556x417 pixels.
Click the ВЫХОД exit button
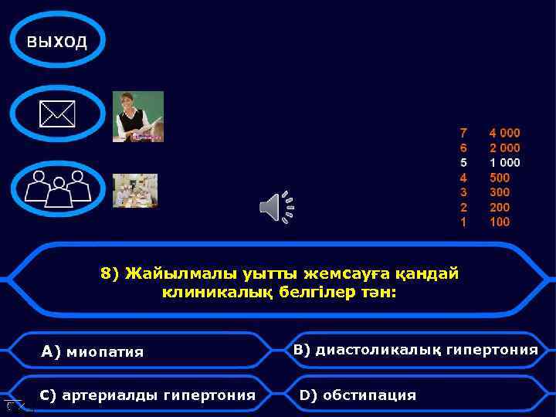(56, 41)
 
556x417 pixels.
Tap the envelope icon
(58, 116)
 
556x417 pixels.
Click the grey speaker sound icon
(276, 206)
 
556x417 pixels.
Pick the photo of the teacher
(138, 117)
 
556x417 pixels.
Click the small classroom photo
(135, 190)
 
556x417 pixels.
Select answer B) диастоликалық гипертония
(415, 350)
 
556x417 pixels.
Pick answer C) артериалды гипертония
(147, 395)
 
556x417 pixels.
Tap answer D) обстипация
(358, 395)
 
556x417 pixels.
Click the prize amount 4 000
(504, 133)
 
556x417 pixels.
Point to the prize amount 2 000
(504, 147)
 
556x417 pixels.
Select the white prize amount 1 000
(504, 162)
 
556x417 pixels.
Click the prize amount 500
(500, 178)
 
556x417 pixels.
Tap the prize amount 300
(500, 192)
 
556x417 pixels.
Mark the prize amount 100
(500, 222)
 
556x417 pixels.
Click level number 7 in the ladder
(463, 133)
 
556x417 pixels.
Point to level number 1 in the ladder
(463, 222)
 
